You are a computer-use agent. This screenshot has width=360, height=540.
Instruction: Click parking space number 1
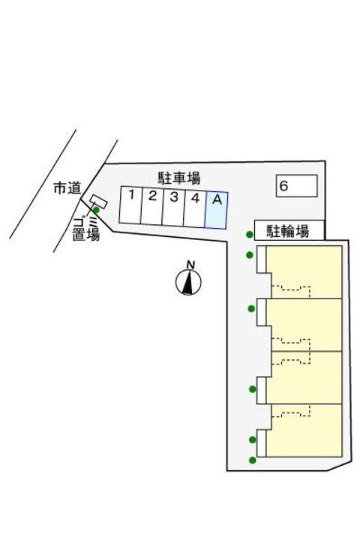130,205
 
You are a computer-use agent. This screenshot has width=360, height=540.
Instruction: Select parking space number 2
152,206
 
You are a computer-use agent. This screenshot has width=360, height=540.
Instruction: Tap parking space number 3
173,207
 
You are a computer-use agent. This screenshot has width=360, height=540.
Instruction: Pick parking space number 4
195,208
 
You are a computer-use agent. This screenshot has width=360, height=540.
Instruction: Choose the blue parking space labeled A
216,210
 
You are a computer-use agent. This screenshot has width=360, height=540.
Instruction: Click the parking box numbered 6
296,186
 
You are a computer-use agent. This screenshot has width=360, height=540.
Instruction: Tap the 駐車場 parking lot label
179,178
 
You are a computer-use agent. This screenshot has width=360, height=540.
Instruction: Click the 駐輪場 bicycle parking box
289,230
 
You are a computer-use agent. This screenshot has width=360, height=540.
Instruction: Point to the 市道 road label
67,188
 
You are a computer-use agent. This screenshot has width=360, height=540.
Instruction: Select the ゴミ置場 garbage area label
86,229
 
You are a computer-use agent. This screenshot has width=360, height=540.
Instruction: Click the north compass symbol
188,283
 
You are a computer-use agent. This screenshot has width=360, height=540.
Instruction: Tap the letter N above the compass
190,265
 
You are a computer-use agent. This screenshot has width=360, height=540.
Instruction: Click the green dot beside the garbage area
97,210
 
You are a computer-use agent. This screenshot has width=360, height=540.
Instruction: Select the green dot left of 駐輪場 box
250,235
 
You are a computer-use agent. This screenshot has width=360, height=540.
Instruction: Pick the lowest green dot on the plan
253,460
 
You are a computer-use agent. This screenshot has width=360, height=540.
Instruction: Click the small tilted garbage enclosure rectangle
98,201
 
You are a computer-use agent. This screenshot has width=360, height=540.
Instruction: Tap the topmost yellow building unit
304,272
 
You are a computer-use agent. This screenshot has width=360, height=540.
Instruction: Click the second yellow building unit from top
304,325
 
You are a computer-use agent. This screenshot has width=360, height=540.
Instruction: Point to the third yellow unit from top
304,378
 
